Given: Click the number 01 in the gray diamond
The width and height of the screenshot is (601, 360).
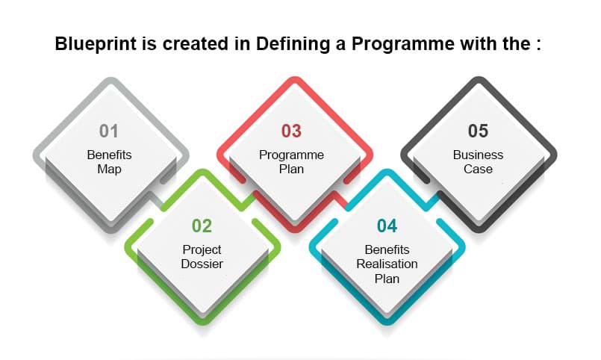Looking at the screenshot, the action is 109,131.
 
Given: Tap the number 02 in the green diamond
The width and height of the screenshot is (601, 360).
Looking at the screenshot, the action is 202,226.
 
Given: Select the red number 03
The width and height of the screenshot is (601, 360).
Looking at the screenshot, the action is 291,131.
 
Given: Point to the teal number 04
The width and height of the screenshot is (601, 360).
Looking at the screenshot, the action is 387,226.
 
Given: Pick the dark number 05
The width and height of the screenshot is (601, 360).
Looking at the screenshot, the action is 478,131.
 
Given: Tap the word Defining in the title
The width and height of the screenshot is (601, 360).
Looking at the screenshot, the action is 293,44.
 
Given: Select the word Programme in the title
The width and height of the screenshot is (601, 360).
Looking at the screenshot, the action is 403,44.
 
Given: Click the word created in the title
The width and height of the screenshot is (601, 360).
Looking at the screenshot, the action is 196,44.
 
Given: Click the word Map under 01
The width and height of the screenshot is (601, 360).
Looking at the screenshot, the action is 109,169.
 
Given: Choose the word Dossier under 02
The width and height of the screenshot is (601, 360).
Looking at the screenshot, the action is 202,264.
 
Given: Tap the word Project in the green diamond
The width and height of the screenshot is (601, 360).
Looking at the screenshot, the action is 202,250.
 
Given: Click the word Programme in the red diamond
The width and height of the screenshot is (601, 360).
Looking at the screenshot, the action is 291,155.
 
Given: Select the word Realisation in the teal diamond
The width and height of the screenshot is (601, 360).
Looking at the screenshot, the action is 387,264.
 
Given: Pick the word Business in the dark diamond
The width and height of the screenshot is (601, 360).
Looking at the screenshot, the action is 478,155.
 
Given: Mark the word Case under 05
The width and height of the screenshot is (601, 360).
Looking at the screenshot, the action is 478,169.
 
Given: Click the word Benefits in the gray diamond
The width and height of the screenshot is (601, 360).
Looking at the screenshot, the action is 109,155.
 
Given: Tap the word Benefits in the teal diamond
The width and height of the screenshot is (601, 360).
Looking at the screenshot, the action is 387,249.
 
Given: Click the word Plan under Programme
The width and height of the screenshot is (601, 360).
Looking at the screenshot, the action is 291,169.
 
